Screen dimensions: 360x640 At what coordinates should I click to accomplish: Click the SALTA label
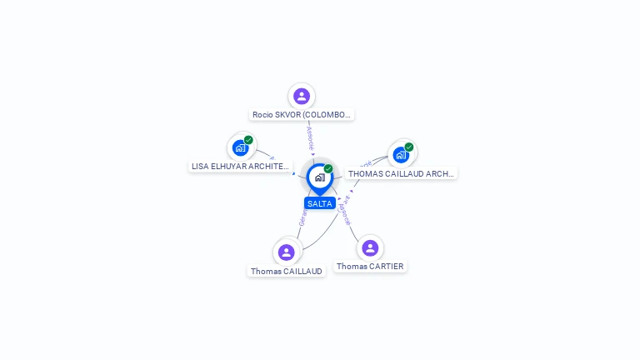coord(320,203)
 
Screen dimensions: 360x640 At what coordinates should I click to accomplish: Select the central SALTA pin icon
coord(319,177)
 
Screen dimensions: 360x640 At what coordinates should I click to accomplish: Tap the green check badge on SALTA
coord(328,169)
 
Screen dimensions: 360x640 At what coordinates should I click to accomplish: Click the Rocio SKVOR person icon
coord(302,97)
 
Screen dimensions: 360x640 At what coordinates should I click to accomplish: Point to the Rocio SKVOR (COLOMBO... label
coord(302,115)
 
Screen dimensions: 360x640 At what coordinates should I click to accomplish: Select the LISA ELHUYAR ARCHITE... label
coord(241,167)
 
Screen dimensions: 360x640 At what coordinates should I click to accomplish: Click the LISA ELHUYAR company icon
coord(240,148)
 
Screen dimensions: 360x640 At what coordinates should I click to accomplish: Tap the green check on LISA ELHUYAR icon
coord(248,140)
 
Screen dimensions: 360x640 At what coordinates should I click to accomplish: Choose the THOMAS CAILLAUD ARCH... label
coord(401,173)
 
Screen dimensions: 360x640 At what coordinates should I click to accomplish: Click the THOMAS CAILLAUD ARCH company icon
coord(401,155)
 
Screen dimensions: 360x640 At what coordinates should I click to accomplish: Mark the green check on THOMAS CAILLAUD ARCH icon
coord(409,147)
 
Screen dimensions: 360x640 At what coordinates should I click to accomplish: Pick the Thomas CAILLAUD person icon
coord(287,252)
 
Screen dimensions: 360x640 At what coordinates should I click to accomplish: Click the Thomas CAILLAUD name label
coord(287,271)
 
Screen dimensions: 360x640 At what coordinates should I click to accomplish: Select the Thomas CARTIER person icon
coord(370,247)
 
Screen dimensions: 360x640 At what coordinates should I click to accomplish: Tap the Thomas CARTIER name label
coord(370,267)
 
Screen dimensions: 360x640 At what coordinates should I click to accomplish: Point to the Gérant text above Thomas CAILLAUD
coord(302,217)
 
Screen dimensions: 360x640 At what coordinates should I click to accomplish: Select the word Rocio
coord(264,115)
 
